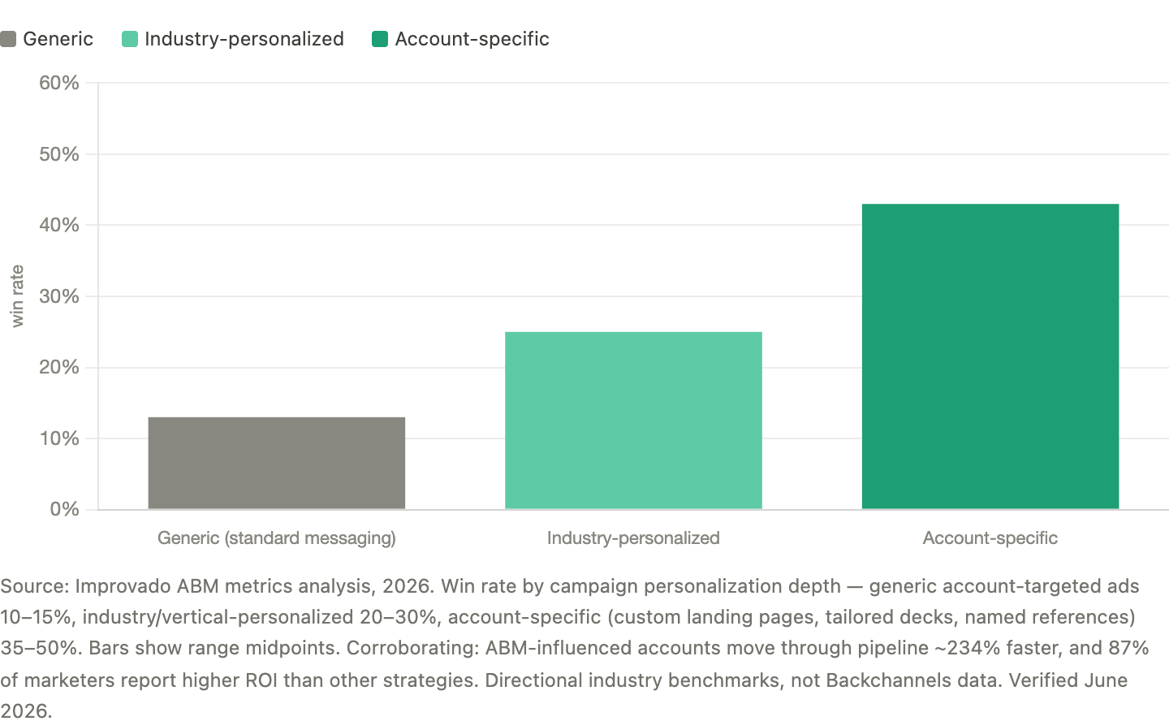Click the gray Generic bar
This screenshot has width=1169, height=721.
point(277,463)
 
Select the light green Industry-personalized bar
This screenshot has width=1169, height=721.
point(633,421)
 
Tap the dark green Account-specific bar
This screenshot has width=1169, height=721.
point(990,356)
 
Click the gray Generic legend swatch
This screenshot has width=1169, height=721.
point(8,39)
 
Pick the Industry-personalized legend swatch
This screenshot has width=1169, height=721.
point(129,39)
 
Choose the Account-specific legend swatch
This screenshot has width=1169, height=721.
point(380,39)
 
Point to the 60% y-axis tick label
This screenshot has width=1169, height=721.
point(59,83)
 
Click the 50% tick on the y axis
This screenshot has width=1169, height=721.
point(59,154)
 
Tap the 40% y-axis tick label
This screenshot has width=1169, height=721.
point(59,225)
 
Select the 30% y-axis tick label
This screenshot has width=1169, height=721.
point(59,296)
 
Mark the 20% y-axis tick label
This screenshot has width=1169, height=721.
point(59,368)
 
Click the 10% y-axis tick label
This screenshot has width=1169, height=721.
point(59,438)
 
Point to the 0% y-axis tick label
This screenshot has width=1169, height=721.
point(65,509)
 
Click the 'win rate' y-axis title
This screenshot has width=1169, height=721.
point(17,296)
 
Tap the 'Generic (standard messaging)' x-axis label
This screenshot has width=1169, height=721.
point(277,538)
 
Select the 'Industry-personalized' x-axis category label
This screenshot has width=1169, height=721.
point(633,538)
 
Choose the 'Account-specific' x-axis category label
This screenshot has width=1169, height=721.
point(990,538)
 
